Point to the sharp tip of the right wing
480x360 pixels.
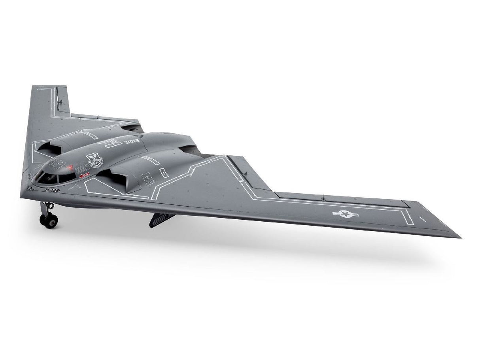pos(459,237)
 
